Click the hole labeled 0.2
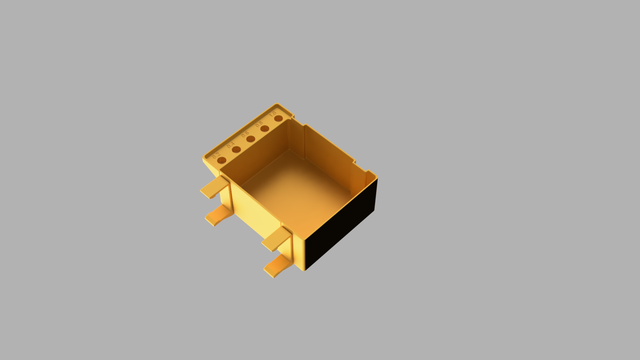222,161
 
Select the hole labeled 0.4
236,150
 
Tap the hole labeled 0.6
251,139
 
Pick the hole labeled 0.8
265,129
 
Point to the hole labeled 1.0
279,118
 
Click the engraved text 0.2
216,155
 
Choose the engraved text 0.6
245,134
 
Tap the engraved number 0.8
259,124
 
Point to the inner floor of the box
297,190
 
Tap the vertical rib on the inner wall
304,140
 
